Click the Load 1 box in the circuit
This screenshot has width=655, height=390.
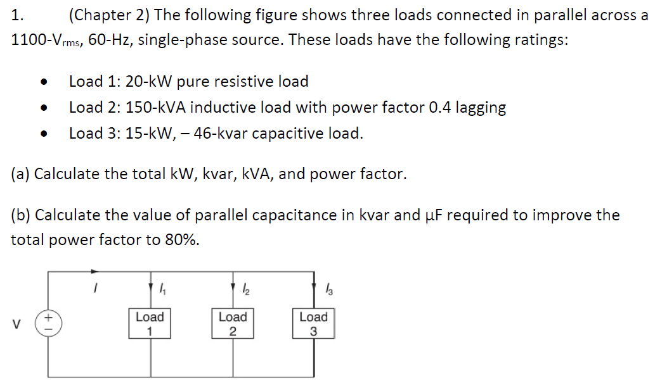tap(150, 324)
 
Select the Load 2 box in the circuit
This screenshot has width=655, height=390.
tap(232, 324)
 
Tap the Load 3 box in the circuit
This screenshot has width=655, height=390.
tap(313, 324)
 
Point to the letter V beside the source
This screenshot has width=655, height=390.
tap(18, 324)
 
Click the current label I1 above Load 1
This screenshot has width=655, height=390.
tap(163, 290)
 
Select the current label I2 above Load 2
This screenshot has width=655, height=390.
tap(246, 290)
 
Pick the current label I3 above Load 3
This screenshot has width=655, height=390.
tap(327, 290)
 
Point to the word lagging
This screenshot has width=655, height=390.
tap(481, 108)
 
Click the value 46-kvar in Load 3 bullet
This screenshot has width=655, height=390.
tap(239, 134)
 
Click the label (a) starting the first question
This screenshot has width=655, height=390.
tap(20, 174)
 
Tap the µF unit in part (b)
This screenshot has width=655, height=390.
tap(432, 215)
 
